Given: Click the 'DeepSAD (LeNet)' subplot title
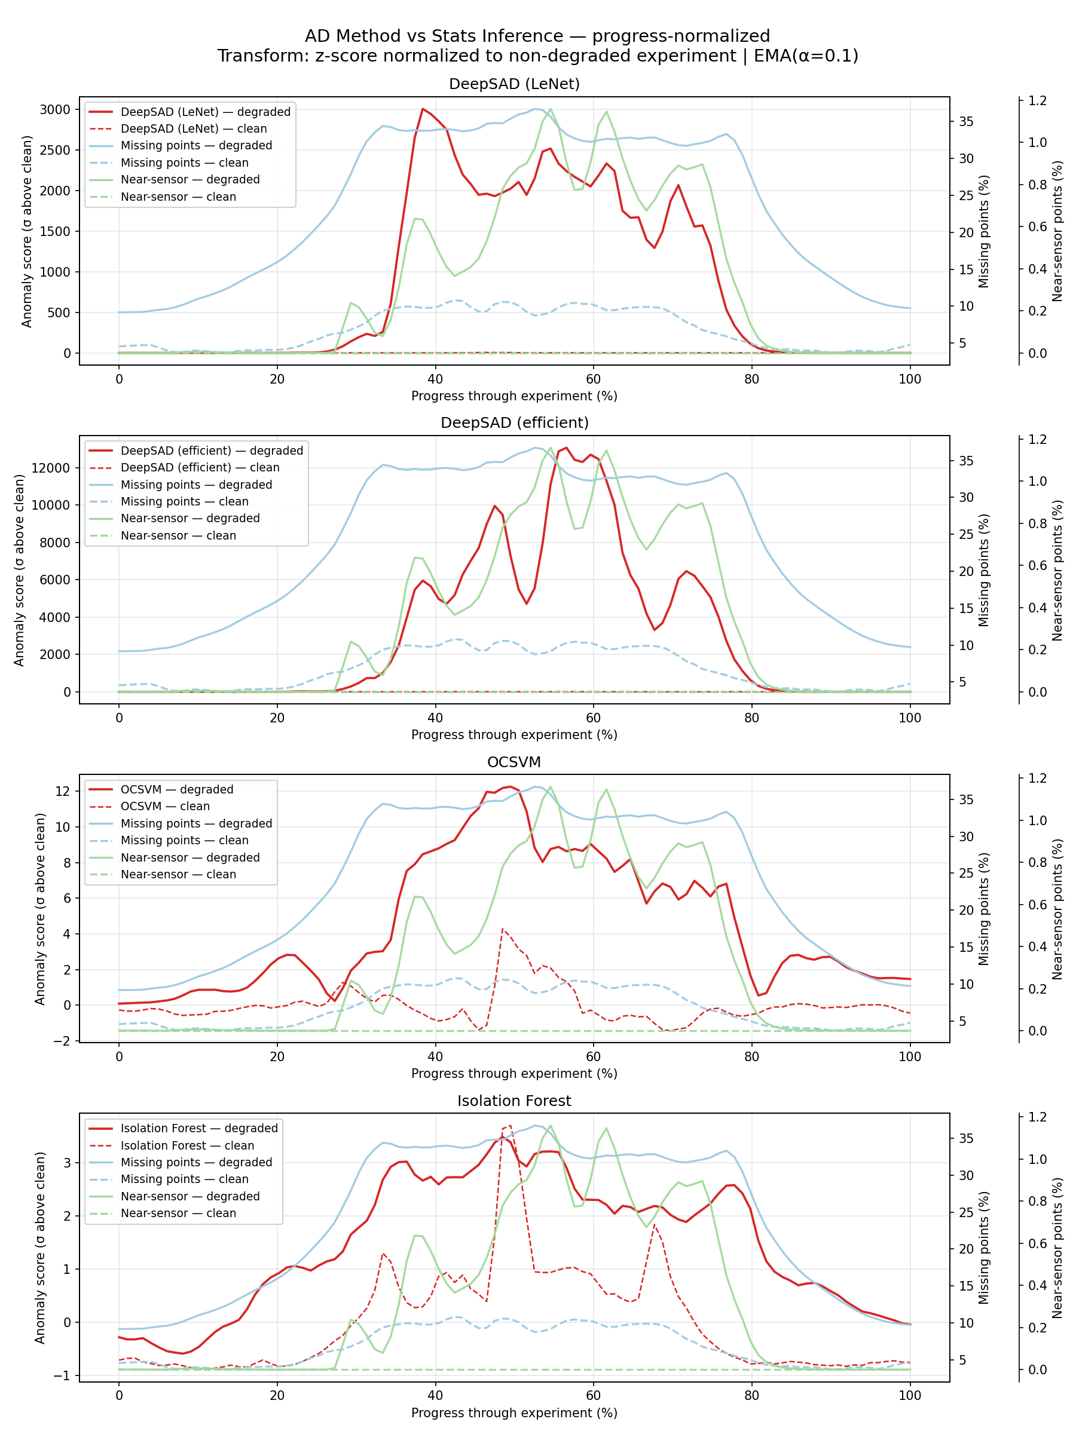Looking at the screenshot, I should pos(513,84).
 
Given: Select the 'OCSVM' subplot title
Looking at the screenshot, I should pos(513,762).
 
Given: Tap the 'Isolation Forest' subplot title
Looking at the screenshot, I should pos(513,1101).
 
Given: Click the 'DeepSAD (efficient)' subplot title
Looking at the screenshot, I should pos(513,422).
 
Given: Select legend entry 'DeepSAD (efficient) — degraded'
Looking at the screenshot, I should pos(212,451).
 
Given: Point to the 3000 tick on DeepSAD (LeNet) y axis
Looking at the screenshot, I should pos(54,109).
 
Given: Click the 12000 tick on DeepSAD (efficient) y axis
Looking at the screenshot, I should pos(51,468).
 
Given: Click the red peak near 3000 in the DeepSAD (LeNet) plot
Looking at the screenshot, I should pos(423,109).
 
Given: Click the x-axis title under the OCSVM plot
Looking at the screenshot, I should pos(513,1074).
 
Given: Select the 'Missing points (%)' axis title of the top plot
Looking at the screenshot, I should pos(984,231).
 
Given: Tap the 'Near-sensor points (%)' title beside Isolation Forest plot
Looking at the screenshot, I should pos(1057,1248).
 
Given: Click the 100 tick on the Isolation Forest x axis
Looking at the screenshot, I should pos(909,1396).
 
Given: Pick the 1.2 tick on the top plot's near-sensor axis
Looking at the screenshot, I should pos(1037,100).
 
